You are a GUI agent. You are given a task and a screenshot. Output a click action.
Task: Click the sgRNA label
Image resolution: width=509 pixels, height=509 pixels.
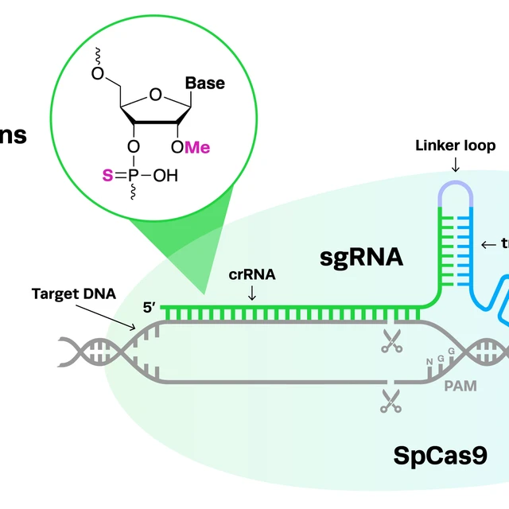(x=362, y=258)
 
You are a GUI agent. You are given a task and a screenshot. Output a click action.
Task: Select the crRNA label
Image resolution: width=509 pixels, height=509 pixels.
(x=252, y=276)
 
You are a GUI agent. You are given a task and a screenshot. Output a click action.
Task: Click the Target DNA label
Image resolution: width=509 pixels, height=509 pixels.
(x=74, y=293)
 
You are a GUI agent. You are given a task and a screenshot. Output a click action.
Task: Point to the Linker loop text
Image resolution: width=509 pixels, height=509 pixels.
(x=456, y=146)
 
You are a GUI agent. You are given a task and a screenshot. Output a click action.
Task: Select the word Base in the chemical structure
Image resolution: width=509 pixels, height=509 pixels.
(x=205, y=84)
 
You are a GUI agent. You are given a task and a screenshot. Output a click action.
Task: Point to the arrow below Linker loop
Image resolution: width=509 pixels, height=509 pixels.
(x=455, y=165)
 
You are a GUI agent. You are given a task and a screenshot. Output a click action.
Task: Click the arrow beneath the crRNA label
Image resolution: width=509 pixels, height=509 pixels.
(x=252, y=293)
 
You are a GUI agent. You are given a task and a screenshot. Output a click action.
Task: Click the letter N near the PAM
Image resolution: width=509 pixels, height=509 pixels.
(x=430, y=362)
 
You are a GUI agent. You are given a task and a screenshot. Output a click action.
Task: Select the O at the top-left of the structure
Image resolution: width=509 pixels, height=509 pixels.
(x=97, y=74)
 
